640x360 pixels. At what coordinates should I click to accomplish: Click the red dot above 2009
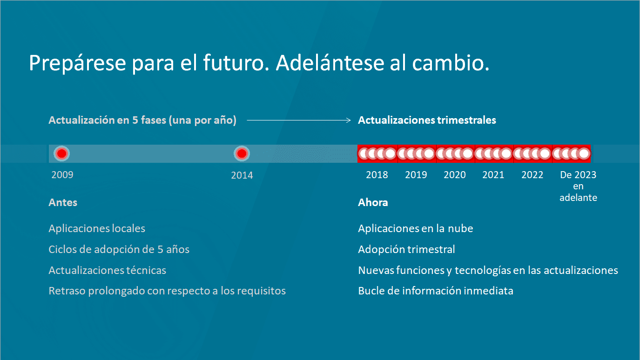pyautogui.click(x=61, y=153)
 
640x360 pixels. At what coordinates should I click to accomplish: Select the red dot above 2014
pyautogui.click(x=242, y=153)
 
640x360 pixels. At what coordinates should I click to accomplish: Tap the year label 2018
pyautogui.click(x=377, y=175)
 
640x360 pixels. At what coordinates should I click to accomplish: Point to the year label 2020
pyautogui.click(x=455, y=175)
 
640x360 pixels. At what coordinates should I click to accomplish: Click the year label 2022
pyautogui.click(x=532, y=175)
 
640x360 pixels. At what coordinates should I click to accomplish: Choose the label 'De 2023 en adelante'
pyautogui.click(x=578, y=186)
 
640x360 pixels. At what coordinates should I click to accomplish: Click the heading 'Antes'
pyautogui.click(x=63, y=202)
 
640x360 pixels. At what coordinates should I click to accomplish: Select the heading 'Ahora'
pyautogui.click(x=373, y=202)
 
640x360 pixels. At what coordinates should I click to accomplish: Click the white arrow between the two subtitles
pyautogui.click(x=298, y=120)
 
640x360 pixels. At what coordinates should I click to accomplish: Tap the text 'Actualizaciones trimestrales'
pyautogui.click(x=427, y=120)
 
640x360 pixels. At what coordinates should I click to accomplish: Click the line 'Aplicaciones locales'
pyautogui.click(x=97, y=228)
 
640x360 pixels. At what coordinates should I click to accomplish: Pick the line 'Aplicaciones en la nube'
pyautogui.click(x=416, y=228)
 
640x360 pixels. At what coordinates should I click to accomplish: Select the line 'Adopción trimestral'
pyautogui.click(x=406, y=249)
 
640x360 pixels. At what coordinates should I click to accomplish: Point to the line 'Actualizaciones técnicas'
pyautogui.click(x=107, y=270)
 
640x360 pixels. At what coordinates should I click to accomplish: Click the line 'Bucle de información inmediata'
pyautogui.click(x=435, y=291)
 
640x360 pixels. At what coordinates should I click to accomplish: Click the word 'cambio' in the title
pyautogui.click(x=451, y=63)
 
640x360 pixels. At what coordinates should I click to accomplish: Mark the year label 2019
pyautogui.click(x=416, y=175)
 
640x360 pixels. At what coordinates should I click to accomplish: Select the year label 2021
pyautogui.click(x=493, y=175)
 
